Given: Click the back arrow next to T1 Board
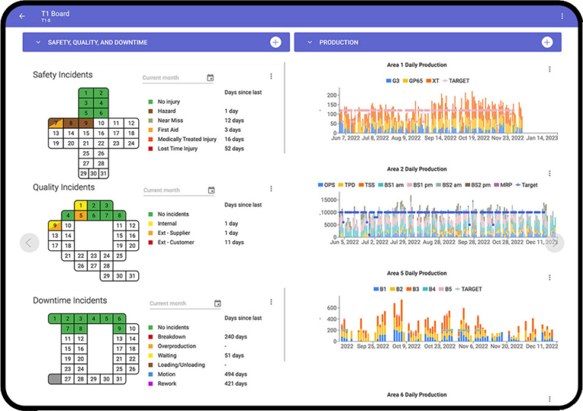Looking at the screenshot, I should (x=22, y=16).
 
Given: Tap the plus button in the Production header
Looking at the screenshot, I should (x=547, y=42).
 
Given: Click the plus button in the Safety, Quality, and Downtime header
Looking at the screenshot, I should (x=276, y=42).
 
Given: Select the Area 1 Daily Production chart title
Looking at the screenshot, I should (x=417, y=65).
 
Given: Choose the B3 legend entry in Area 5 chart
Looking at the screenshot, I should (x=414, y=289).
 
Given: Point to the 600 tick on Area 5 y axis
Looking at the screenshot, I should (x=331, y=308).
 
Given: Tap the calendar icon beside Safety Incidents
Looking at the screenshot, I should (x=210, y=77).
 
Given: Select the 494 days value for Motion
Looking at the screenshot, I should (x=235, y=374).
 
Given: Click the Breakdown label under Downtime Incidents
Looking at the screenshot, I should (x=172, y=337).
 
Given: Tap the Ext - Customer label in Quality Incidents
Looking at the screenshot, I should (x=177, y=243).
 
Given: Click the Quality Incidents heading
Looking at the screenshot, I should (x=64, y=187).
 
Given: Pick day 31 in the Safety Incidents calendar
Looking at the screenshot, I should (x=104, y=174).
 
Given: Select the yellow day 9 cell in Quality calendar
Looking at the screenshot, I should (x=55, y=225).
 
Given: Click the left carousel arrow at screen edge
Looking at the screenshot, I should (x=29, y=243).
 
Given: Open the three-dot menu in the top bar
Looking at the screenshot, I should (x=562, y=16).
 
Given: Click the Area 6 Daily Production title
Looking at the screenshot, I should (x=417, y=395).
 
